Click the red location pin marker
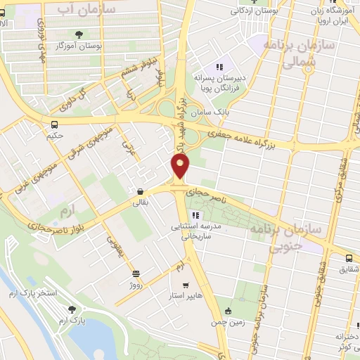point(181,166)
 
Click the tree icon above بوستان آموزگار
point(78,33)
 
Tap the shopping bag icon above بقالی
point(141,191)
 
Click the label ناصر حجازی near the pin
point(209,191)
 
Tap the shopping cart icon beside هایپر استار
point(186,285)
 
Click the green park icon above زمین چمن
point(227,311)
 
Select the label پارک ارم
point(70,321)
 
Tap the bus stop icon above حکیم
point(53,125)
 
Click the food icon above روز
point(136,274)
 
